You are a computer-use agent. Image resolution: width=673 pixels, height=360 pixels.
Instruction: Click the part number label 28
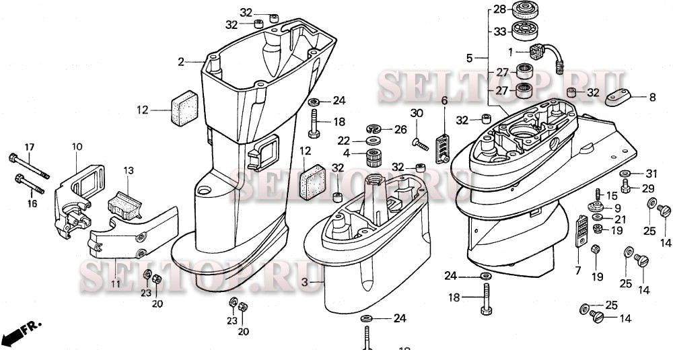tap(498, 9)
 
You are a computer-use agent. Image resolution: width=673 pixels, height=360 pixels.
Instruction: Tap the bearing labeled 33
tap(526, 31)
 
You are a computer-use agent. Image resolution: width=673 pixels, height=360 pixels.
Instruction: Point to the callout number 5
tap(470, 58)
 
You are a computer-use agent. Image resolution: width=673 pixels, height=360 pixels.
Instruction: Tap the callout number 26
tap(400, 129)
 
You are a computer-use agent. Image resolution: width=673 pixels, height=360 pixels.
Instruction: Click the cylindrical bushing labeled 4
tap(373, 159)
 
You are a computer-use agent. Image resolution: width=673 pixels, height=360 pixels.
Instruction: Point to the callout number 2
tap(181, 62)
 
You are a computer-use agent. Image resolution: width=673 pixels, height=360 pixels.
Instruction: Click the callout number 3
tap(305, 283)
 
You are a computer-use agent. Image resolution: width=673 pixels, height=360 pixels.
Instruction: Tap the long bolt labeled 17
tap(30, 166)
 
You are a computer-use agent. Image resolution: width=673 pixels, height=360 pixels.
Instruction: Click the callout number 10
tap(77, 146)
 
